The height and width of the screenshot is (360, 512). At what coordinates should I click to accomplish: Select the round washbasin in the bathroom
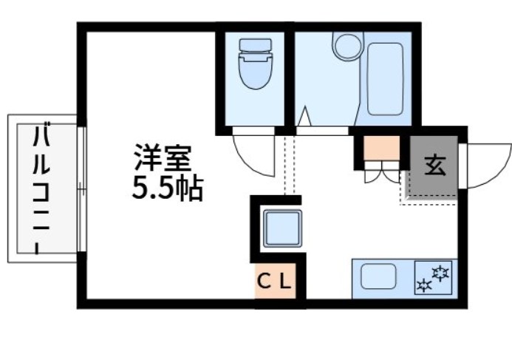click(x=345, y=47)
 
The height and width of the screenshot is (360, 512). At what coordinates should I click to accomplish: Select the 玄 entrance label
click(x=434, y=165)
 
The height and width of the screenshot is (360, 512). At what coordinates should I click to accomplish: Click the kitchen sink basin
click(x=378, y=277)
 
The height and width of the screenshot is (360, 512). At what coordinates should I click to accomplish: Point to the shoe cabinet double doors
click(x=381, y=177)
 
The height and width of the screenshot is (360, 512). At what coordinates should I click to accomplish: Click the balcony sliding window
click(x=81, y=189)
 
